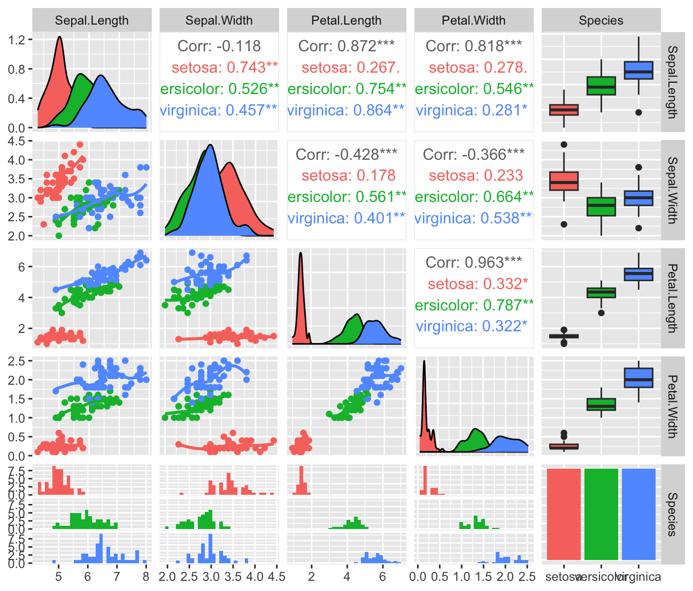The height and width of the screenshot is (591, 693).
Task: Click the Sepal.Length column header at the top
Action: [91, 21]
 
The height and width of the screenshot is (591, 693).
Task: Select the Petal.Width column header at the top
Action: [473, 21]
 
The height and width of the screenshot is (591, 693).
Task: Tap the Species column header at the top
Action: [601, 21]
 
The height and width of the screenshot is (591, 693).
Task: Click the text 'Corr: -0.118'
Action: [219, 46]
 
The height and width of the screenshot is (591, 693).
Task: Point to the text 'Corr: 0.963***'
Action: [474, 262]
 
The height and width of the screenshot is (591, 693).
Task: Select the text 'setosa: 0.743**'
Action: [225, 67]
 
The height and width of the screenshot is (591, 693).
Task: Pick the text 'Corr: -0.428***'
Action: [346, 154]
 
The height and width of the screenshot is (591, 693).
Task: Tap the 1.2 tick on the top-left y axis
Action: [17, 40]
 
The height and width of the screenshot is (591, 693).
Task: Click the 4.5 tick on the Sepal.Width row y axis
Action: [17, 141]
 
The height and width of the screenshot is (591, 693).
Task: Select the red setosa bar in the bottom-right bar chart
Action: [564, 514]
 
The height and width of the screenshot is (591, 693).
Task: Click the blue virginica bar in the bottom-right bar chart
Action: [638, 514]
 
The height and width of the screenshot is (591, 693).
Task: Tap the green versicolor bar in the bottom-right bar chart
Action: [601, 514]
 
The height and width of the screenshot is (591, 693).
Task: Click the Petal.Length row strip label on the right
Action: [673, 298]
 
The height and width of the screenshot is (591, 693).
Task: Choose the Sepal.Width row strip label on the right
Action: [673, 190]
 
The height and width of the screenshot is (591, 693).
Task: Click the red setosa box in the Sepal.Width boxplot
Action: [564, 181]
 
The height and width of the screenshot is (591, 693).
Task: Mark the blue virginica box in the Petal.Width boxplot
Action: [638, 378]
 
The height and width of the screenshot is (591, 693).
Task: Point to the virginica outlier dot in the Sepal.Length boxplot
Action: [638, 112]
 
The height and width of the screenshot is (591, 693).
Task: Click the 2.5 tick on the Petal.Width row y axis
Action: [17, 361]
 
